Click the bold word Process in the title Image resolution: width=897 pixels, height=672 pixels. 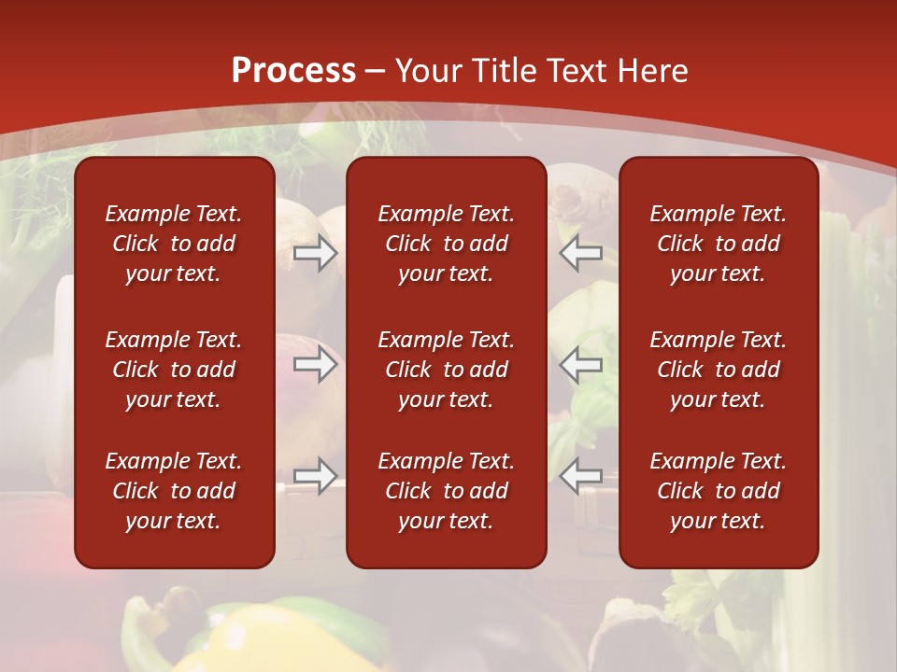(x=293, y=71)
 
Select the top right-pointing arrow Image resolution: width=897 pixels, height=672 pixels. (x=315, y=253)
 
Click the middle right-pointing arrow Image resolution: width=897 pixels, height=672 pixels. (x=315, y=364)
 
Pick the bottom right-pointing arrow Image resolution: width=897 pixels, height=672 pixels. (x=315, y=476)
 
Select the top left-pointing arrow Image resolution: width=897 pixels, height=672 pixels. (x=581, y=253)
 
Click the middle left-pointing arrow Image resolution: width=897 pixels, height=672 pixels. (x=581, y=364)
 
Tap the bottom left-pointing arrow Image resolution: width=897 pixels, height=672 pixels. (x=581, y=476)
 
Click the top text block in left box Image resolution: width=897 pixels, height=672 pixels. (x=174, y=244)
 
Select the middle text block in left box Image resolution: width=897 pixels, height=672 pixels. (x=174, y=370)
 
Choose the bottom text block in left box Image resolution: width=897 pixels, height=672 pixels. (x=174, y=491)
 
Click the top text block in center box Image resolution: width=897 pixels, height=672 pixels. (x=446, y=244)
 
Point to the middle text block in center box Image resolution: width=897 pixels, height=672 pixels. (x=446, y=370)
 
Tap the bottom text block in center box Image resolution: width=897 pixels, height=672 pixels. (x=446, y=491)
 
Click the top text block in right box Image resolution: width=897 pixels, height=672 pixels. (x=718, y=244)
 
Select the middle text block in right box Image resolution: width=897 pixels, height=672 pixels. (x=718, y=370)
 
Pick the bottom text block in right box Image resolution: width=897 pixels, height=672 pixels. (x=718, y=491)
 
